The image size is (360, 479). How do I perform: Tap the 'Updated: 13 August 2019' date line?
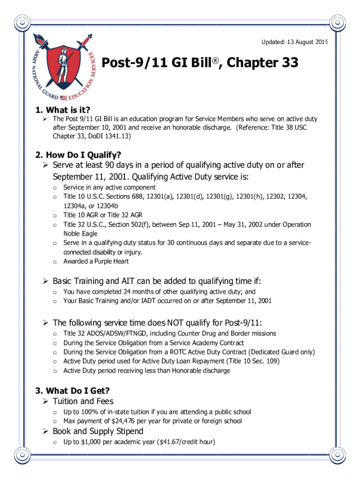(x=294, y=43)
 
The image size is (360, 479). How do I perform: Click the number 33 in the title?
(x=288, y=63)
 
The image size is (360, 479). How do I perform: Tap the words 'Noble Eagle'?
(x=80, y=233)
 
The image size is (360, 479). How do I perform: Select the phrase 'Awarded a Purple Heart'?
(x=96, y=261)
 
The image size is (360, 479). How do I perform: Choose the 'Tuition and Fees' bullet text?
(x=83, y=401)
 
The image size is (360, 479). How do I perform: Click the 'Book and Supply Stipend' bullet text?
(x=98, y=431)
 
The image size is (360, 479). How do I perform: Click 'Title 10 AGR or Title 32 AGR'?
(x=103, y=215)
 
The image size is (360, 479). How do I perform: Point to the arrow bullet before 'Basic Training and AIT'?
(x=45, y=281)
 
